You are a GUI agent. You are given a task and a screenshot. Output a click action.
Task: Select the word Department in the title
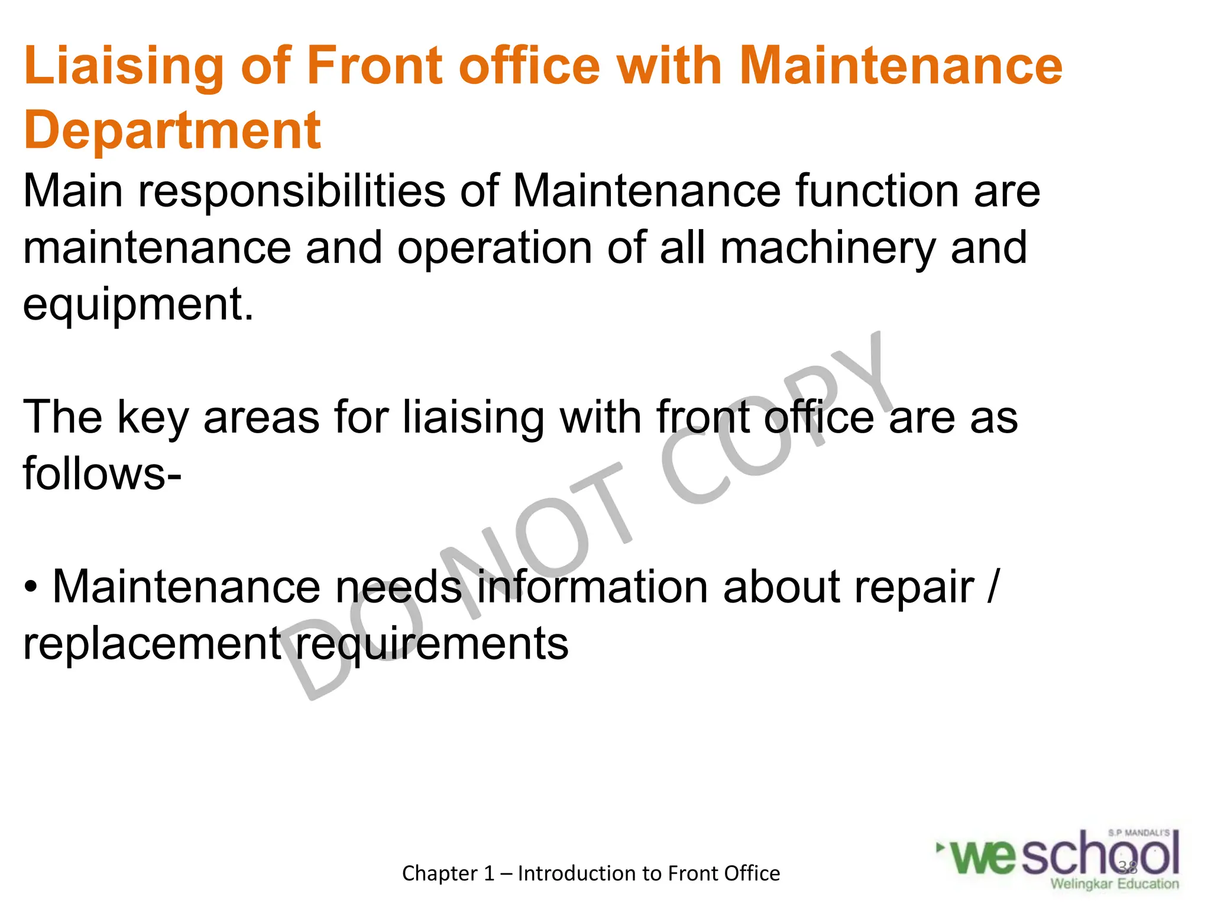[172, 131]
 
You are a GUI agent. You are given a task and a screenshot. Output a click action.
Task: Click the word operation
[494, 248]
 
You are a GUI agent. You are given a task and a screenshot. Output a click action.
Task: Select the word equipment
[138, 305]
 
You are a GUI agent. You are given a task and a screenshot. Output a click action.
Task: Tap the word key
[153, 418]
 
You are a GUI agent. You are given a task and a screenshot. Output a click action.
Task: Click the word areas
[261, 417]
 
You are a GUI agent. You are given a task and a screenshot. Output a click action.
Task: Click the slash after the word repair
[993, 587]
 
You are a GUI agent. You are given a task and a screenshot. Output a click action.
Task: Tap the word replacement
[152, 644]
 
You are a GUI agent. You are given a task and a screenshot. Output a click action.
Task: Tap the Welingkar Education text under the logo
[1114, 884]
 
